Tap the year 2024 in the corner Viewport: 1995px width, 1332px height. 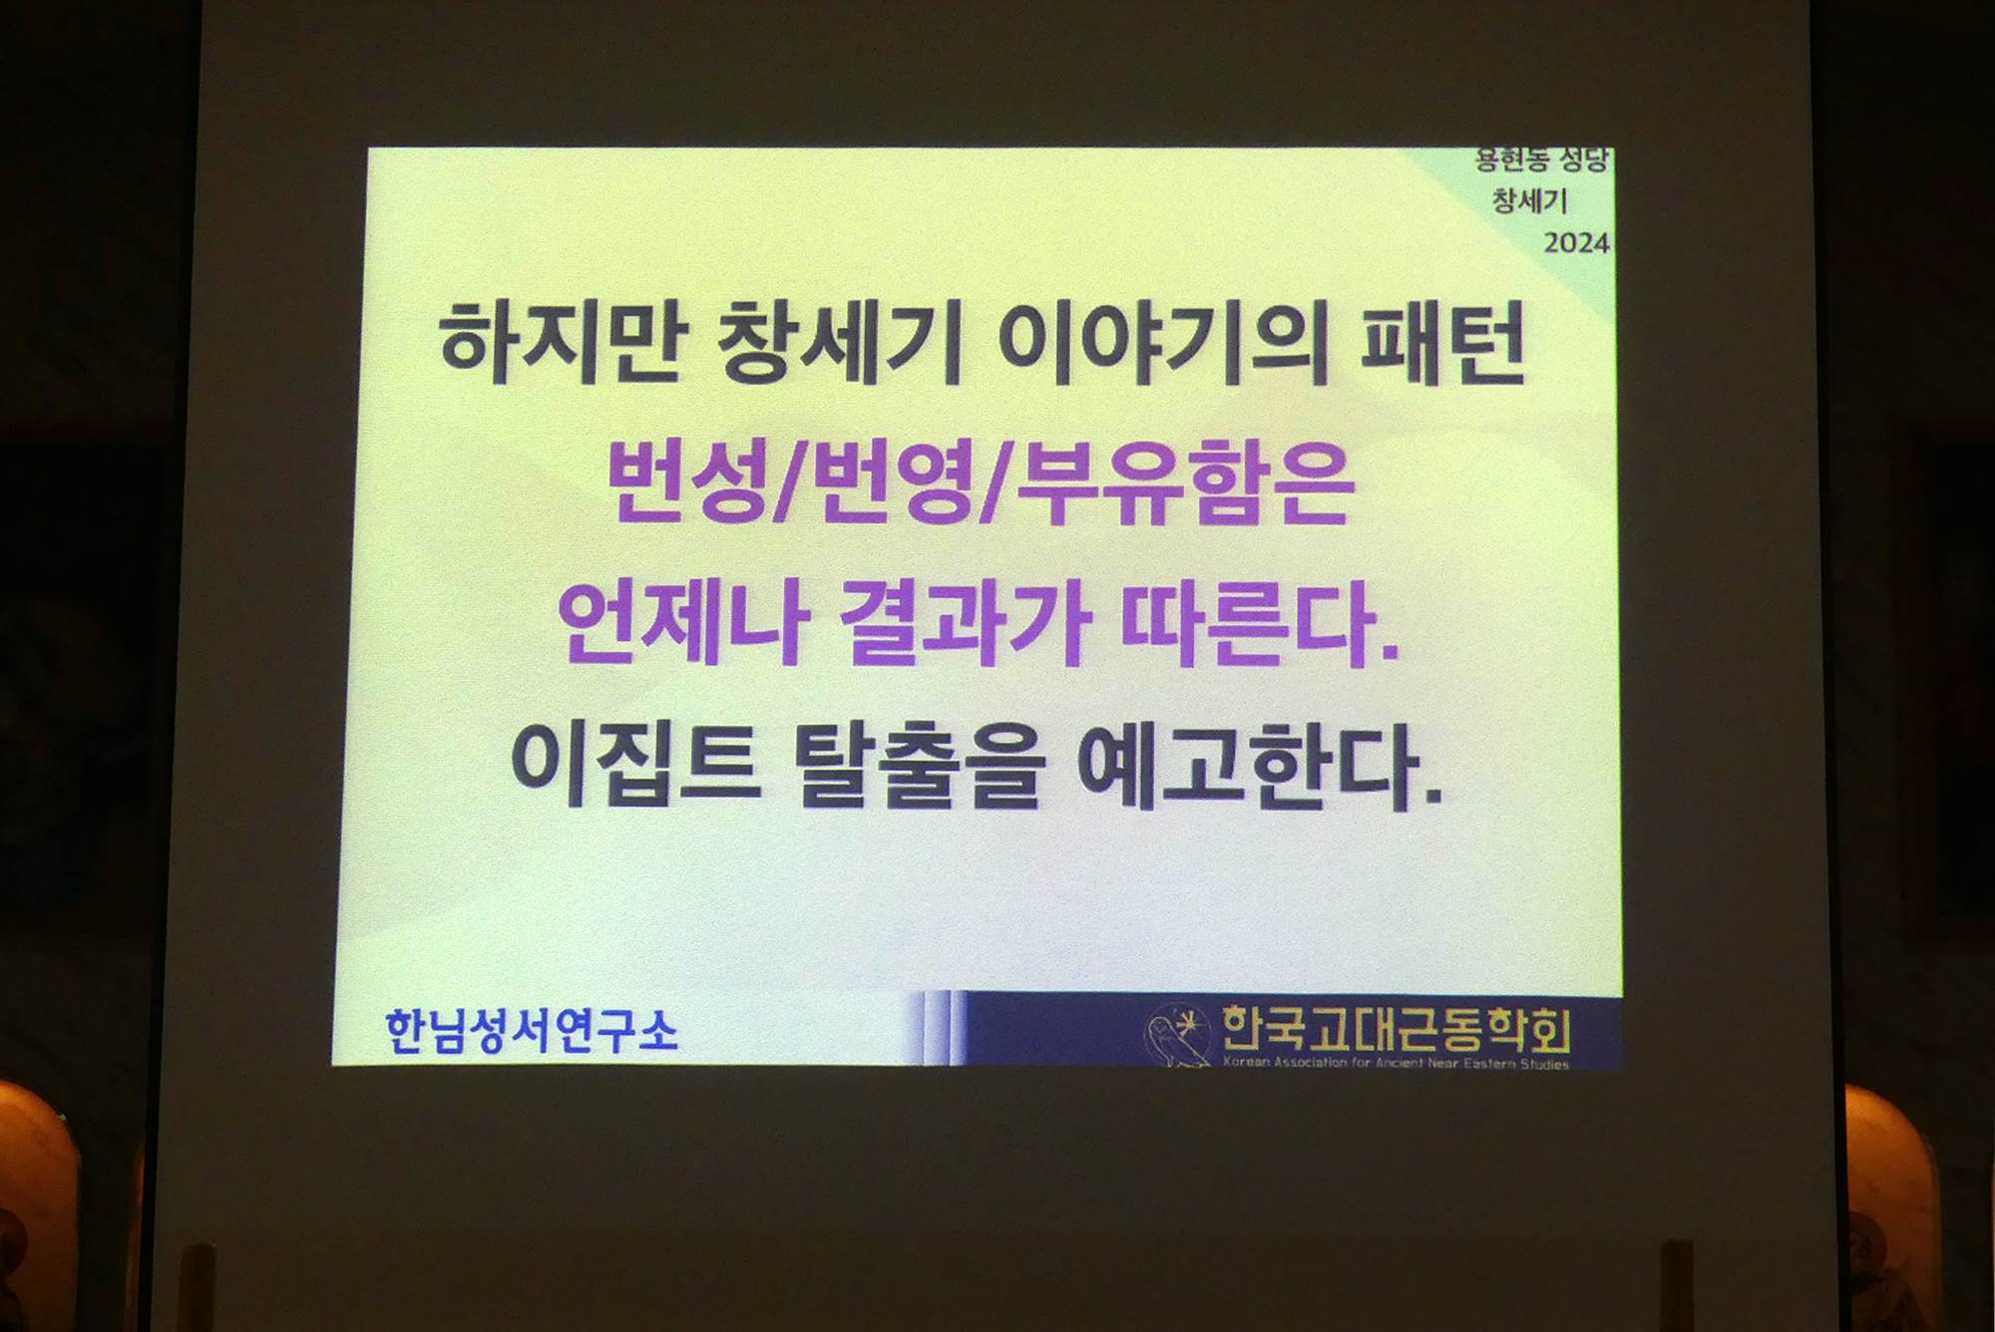point(1576,242)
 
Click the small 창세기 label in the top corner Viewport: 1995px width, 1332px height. point(1529,200)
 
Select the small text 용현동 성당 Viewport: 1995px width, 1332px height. point(1541,160)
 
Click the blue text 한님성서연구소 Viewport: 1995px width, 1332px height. point(532,1030)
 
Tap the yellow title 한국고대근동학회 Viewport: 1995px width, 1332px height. point(1396,1029)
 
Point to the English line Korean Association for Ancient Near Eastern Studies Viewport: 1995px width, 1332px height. point(1396,1063)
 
